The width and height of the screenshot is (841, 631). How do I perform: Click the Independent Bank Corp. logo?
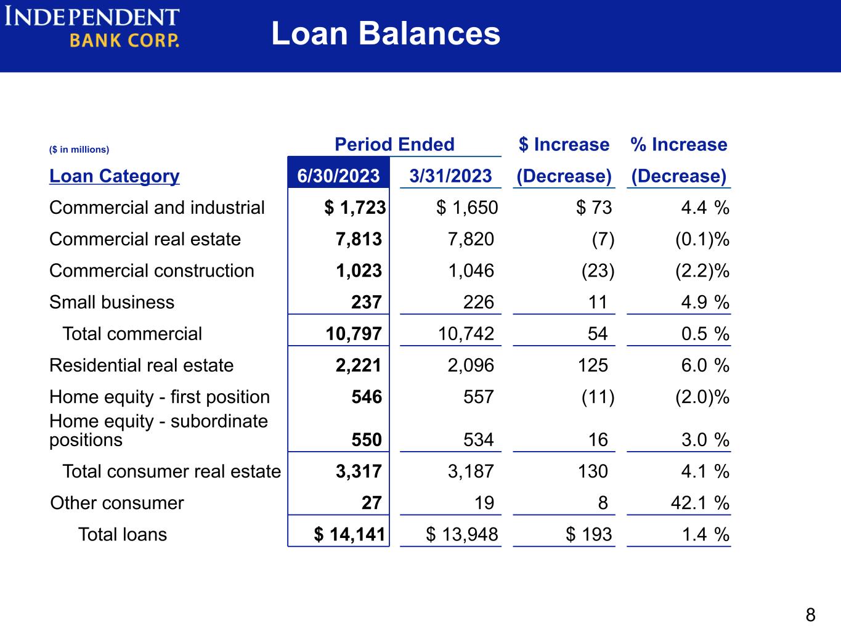pos(92,27)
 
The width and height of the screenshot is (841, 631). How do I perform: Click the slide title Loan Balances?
pos(386,33)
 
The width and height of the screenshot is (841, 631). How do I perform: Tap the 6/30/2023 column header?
pos(338,176)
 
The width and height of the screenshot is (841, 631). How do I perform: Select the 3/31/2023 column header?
pos(450,176)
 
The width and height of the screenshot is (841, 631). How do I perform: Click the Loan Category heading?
pos(114,176)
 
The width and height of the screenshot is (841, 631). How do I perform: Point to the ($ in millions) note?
pos(79,149)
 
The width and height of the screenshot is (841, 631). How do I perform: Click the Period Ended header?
pos(395,144)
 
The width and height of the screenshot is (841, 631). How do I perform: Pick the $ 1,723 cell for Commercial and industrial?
pos(355,208)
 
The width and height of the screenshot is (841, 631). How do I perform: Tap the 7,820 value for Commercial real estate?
pos(471,239)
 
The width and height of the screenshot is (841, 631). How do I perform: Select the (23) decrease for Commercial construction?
pos(598,271)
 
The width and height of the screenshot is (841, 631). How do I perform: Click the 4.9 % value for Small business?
pos(705,303)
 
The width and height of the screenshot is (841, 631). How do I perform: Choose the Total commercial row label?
pos(132,334)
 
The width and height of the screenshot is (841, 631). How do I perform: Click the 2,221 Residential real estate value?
pos(359,365)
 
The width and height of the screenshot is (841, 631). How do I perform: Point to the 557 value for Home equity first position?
pos(479,396)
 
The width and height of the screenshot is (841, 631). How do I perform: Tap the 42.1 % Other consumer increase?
pos(700,503)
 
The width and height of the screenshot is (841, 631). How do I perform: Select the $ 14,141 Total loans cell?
pos(349,534)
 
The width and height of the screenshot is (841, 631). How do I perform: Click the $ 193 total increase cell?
pos(588,534)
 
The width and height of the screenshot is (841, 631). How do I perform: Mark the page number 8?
pos(810,615)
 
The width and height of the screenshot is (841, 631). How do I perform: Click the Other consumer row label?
pos(117,503)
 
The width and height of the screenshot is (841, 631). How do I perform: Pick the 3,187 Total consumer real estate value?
pos(471,471)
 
